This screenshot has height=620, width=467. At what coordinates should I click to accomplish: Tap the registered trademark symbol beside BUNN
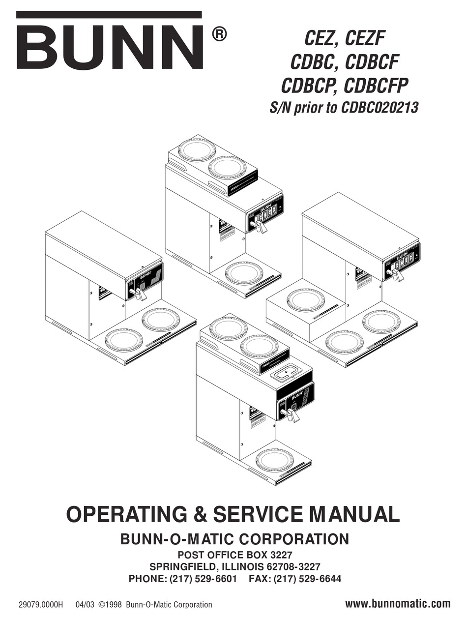(x=219, y=34)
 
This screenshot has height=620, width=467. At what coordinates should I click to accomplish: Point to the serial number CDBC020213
(x=378, y=108)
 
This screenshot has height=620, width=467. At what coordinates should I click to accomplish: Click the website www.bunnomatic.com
(x=398, y=603)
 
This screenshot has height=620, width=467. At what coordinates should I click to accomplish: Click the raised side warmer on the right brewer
(x=306, y=299)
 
